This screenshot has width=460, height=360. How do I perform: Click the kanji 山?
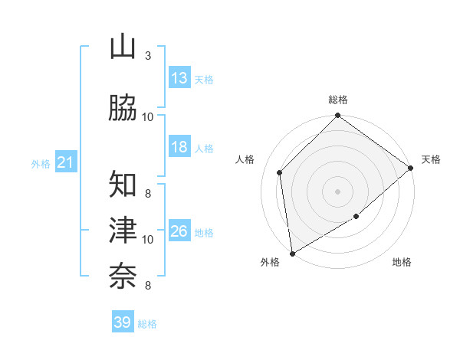pyautogui.click(x=123, y=47)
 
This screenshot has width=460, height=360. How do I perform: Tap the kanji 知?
pyautogui.click(x=123, y=184)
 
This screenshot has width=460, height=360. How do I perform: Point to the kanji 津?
pyautogui.click(x=123, y=228)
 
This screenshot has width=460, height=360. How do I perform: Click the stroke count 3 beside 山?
pyautogui.click(x=148, y=56)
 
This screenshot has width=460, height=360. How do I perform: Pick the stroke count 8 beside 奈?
pyautogui.click(x=148, y=286)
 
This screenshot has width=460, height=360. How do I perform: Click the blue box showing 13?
pyautogui.click(x=179, y=78)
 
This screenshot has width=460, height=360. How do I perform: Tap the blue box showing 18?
pyautogui.click(x=179, y=147)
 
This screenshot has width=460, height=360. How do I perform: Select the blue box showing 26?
pyautogui.click(x=179, y=231)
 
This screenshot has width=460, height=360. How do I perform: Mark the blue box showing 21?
pyautogui.click(x=65, y=162)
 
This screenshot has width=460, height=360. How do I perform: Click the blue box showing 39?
pyautogui.click(x=123, y=322)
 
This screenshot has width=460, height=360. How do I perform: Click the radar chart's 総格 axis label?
pyautogui.click(x=338, y=100)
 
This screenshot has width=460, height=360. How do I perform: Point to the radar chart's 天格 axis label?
pyautogui.click(x=432, y=159)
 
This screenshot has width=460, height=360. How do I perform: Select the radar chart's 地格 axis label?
pyautogui.click(x=402, y=263)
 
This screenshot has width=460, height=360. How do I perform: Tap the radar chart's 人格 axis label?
pyautogui.click(x=245, y=159)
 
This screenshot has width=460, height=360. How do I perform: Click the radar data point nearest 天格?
pyautogui.click(x=411, y=168)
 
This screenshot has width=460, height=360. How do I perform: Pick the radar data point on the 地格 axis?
pyautogui.click(x=357, y=218)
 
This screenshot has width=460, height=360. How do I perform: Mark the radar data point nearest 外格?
pyautogui.click(x=292, y=254)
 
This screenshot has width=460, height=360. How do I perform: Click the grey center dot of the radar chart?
pyautogui.click(x=338, y=191)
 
